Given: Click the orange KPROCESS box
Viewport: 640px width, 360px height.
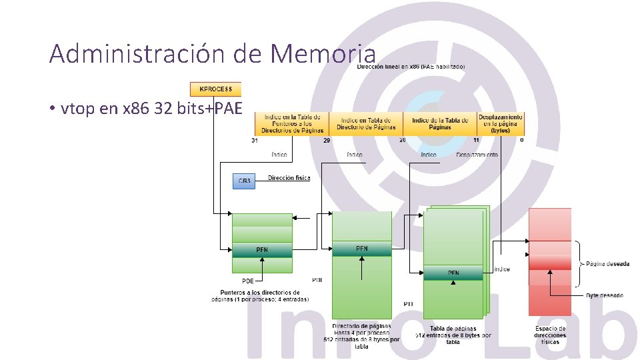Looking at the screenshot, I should (215, 89).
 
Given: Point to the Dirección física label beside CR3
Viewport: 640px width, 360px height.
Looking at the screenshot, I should (289, 178).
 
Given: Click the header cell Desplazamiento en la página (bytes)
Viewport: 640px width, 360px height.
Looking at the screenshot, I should (500, 123).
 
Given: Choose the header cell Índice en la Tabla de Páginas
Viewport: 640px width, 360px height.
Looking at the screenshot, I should (439, 123).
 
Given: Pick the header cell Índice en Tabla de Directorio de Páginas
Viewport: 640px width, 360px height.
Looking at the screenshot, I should (366, 123).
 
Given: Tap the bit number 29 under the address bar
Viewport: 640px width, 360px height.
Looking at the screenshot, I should (327, 141).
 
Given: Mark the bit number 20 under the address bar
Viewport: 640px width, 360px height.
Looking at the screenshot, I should (402, 141).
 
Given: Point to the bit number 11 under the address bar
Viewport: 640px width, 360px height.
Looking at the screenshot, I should (477, 141).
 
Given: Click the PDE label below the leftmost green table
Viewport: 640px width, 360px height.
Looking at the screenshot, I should (247, 281).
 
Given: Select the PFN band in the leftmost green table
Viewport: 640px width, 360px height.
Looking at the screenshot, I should (262, 250).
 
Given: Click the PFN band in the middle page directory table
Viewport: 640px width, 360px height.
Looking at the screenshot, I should (361, 249).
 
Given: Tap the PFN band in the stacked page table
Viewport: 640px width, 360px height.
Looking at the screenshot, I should (453, 273).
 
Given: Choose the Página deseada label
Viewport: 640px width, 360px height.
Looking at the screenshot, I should (607, 264).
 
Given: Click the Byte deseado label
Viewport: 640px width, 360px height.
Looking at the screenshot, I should (605, 294).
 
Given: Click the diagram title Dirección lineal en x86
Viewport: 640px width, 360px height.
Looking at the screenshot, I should (411, 67).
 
